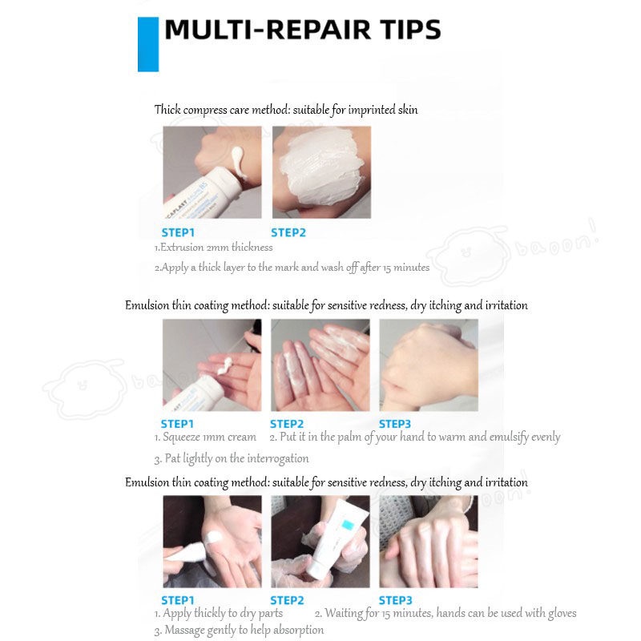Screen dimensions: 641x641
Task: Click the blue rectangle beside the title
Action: (148, 44)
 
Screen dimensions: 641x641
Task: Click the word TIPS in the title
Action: (411, 30)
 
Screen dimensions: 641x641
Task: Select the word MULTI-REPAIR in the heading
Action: (268, 30)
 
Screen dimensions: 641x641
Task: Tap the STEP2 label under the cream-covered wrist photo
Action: (288, 232)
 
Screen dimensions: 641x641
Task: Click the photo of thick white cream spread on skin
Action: (322, 172)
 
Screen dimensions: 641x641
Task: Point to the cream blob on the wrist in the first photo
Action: (238, 163)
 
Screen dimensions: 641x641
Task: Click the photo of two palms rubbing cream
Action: (320, 365)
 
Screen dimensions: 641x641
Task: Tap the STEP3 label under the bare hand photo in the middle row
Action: (394, 424)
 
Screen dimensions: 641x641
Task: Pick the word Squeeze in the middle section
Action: (182, 437)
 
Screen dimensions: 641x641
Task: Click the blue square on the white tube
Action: (348, 525)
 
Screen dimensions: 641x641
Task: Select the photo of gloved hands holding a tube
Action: (320, 542)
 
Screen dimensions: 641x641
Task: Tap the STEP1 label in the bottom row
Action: (177, 600)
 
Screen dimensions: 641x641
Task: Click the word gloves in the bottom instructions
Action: (562, 613)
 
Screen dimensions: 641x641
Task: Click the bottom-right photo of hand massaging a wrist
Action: (429, 542)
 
